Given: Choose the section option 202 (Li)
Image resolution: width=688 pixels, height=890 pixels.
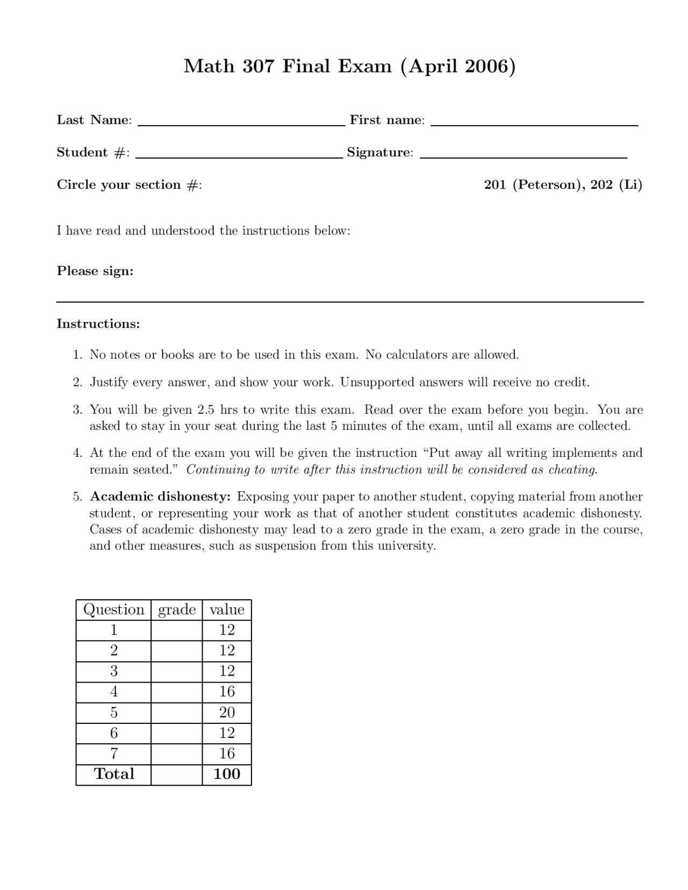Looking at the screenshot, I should pos(617,185).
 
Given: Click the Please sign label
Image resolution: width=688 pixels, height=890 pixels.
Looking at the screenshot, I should pos(95,271).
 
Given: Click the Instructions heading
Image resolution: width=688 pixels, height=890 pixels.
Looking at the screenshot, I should pos(98,324).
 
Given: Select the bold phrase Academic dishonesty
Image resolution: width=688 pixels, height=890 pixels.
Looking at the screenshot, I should pos(160,496).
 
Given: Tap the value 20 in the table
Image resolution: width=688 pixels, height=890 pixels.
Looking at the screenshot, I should pos(227,713).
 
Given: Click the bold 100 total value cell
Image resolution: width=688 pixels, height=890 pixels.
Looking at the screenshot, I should pos(227,774).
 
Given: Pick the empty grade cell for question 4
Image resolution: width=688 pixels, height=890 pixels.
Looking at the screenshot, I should pos(177,692).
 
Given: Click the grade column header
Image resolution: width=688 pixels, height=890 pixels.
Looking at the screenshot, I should pos(177,610).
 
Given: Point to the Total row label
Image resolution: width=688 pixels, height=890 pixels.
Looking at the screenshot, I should pos(114,774).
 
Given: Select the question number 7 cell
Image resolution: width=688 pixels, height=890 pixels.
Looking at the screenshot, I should pos(114,754).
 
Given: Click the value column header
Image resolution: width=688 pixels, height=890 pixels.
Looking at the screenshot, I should pos(227,610).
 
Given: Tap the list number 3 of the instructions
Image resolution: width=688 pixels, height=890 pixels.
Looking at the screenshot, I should pos(77,410).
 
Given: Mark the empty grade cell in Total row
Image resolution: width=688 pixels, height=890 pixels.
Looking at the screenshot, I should pos(177,774).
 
